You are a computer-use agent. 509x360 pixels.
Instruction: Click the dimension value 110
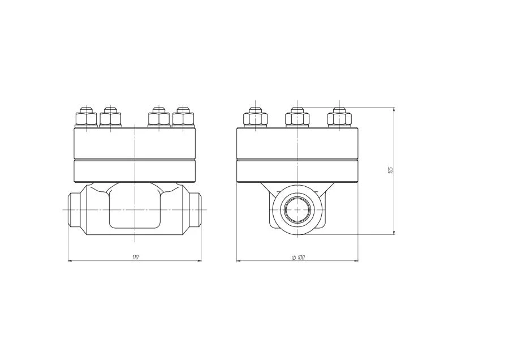point(135,258)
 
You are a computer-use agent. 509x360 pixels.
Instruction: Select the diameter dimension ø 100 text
point(298,258)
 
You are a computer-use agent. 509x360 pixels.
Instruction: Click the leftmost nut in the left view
point(85,119)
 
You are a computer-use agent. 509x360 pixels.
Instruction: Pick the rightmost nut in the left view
point(183,119)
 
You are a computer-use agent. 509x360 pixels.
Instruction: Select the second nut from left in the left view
point(110,119)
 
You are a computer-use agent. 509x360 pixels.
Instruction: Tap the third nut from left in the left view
point(158,119)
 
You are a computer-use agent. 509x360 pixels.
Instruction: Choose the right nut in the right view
point(339,119)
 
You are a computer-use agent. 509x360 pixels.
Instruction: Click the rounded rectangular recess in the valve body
point(135,209)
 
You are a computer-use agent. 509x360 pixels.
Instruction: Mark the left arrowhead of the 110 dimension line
point(70,261)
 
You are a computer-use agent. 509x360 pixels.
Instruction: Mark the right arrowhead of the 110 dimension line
point(199,261)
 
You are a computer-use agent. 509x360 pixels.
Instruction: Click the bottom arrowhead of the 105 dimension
point(394,233)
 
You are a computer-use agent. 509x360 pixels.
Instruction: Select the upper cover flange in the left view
point(135,143)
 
